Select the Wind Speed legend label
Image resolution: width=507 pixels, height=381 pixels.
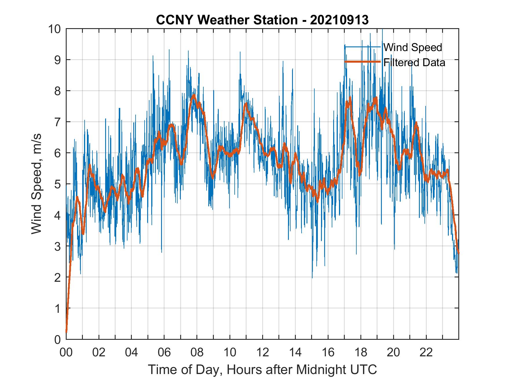click(x=413, y=47)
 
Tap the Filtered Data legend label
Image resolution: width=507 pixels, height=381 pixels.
click(x=414, y=62)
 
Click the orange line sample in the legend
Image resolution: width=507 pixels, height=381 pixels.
click(x=362, y=62)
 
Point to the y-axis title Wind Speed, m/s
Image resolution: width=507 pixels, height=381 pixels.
click(x=37, y=184)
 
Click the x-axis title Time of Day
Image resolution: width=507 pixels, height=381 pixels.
click(x=262, y=370)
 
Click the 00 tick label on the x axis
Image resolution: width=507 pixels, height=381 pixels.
click(x=66, y=353)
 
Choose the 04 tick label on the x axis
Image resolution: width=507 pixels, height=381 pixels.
click(x=132, y=353)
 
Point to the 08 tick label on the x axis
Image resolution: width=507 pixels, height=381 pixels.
click(x=197, y=353)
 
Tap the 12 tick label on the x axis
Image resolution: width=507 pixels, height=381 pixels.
click(x=262, y=353)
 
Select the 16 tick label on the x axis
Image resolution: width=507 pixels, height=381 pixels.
click(x=328, y=353)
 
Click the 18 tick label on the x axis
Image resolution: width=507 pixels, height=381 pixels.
click(x=361, y=353)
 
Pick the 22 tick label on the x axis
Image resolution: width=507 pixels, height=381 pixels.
click(x=426, y=353)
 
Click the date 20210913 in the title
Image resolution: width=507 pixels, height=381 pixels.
click(x=339, y=20)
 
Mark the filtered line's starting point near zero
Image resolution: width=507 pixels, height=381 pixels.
click(x=66, y=332)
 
